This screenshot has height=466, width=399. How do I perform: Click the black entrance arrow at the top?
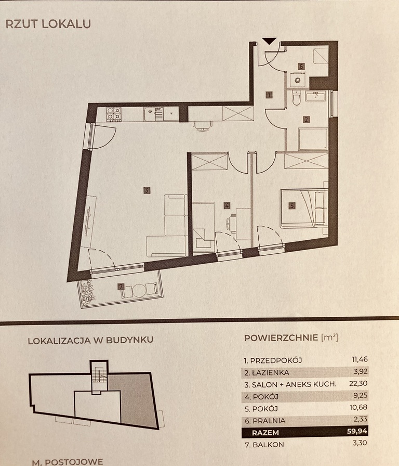coord(269,41)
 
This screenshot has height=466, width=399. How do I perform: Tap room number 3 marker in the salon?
coord(147,190)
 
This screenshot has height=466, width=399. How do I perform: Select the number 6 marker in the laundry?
coord(301,66)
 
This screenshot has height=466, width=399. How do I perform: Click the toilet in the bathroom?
coord(297,98)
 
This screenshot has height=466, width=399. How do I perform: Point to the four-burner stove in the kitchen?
coord(114,114)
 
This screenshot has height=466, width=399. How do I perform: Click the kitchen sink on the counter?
coord(153,114)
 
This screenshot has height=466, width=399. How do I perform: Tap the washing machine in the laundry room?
coord(298,80)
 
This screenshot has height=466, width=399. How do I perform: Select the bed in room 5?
coord(304,209)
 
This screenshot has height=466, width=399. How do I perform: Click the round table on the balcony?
coord(139,290)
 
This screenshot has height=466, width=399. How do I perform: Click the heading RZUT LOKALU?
coord(48,24)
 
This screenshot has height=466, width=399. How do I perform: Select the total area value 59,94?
coord(357,431)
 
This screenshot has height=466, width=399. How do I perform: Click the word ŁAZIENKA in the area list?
coord(271,373)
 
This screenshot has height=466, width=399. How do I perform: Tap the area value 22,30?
coord(358,383)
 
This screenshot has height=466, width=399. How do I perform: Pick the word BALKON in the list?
coord(269,445)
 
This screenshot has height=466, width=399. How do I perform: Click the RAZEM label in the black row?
coord(265,433)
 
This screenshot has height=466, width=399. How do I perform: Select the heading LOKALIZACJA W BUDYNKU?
coord(90,340)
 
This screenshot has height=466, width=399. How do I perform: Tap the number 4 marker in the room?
coord(227,205)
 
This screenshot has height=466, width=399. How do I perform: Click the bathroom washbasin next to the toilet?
coord(315,96)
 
